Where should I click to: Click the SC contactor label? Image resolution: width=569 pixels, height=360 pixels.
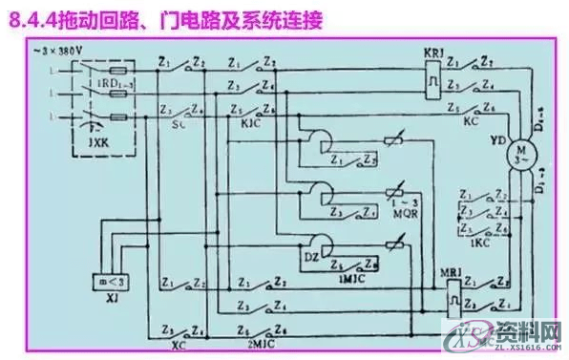(178, 123)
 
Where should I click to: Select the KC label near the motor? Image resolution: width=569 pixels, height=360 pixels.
(471, 123)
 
